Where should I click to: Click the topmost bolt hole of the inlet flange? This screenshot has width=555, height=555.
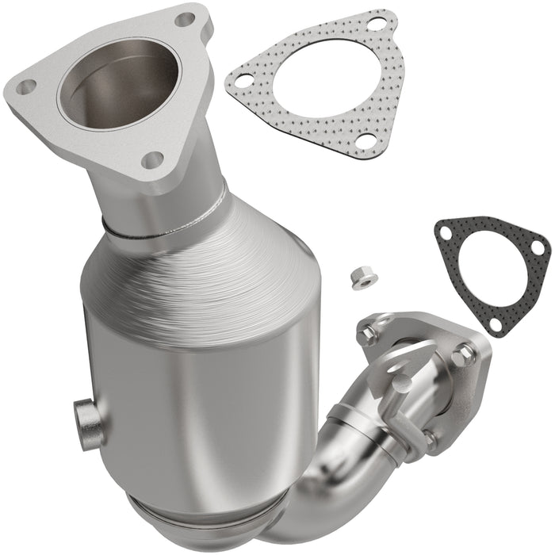(x=185, y=18)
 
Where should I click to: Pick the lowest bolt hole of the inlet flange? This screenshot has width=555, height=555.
(x=153, y=159)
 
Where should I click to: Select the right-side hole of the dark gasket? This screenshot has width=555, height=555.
(x=538, y=247)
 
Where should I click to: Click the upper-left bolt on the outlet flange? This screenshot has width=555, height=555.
(x=367, y=335)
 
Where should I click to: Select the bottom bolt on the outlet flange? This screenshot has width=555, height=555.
(x=428, y=438)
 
